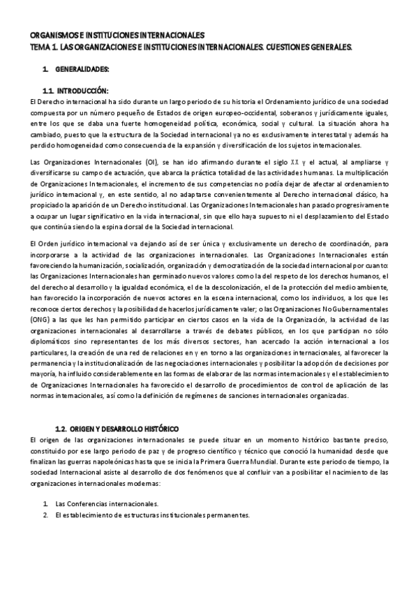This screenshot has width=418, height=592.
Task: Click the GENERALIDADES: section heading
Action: pyautogui.click(x=82, y=70)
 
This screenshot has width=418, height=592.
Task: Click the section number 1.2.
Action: pyautogui.click(x=63, y=427)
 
